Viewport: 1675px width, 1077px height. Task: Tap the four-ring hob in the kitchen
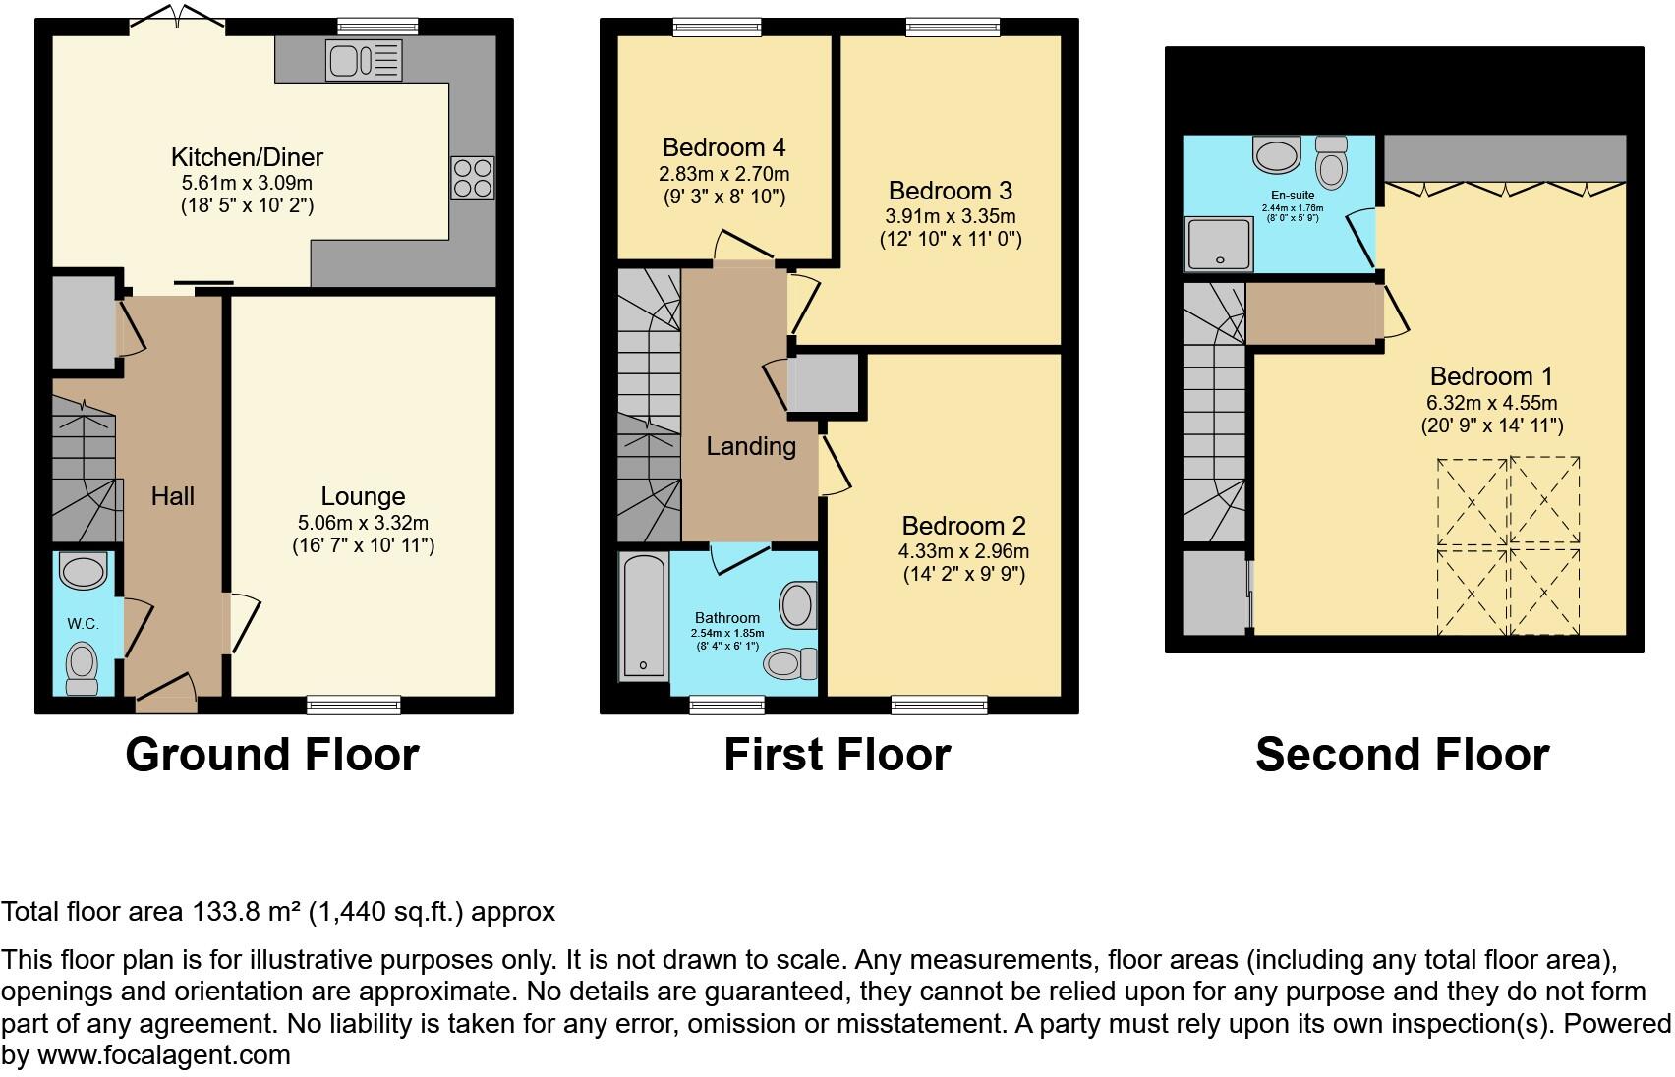click(x=472, y=179)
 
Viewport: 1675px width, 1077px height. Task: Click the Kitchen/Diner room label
click(x=247, y=157)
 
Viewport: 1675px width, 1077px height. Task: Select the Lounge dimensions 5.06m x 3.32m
click(x=363, y=523)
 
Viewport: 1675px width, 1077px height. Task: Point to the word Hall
click(x=173, y=496)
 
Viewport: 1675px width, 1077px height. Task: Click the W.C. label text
click(x=84, y=624)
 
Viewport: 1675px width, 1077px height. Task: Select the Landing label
click(x=751, y=446)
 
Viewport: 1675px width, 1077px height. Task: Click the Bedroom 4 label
click(x=723, y=148)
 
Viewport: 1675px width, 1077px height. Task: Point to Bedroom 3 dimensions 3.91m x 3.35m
click(x=951, y=216)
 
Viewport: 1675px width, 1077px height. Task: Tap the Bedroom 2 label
click(x=963, y=526)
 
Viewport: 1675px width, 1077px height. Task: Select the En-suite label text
click(x=1293, y=196)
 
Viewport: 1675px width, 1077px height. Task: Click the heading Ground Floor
click(x=272, y=755)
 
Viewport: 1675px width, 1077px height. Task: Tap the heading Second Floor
click(x=1402, y=755)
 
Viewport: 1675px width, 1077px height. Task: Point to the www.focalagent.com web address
click(x=164, y=1055)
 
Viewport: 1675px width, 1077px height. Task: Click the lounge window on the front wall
click(x=354, y=704)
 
